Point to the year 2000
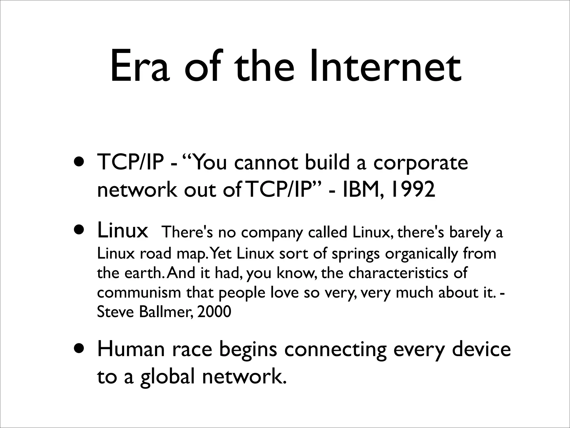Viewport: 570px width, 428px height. click(x=214, y=312)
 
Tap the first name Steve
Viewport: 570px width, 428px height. click(x=115, y=312)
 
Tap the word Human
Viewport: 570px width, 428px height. click(x=131, y=350)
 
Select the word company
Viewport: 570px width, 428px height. click(x=272, y=233)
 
